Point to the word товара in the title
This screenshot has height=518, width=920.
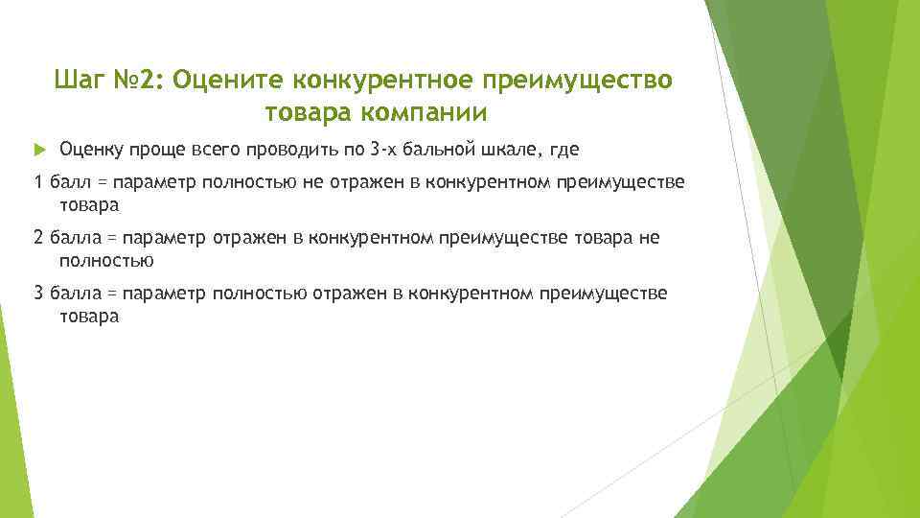pos(309,113)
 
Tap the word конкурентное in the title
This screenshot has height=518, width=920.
pos(392,78)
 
